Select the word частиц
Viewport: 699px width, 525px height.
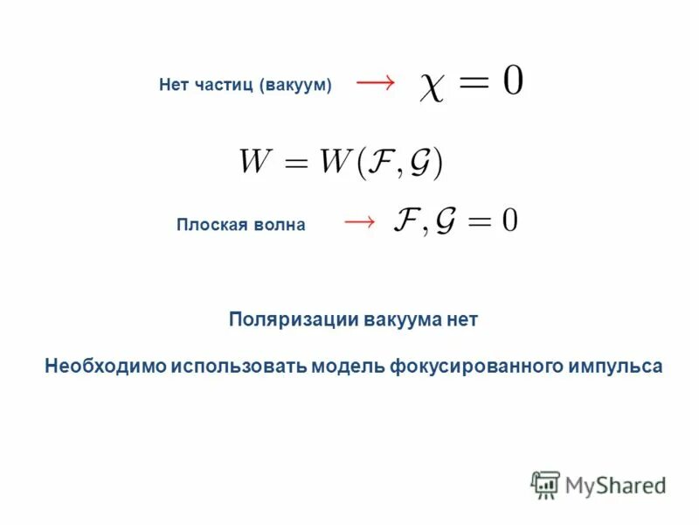[x=223, y=85]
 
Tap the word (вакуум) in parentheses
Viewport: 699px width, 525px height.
[x=295, y=85]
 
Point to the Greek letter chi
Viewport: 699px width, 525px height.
[x=432, y=88]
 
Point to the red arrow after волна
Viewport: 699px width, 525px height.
[x=359, y=221]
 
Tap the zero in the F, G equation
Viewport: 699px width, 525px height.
[x=509, y=221]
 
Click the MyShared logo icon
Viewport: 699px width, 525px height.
[x=544, y=484]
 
